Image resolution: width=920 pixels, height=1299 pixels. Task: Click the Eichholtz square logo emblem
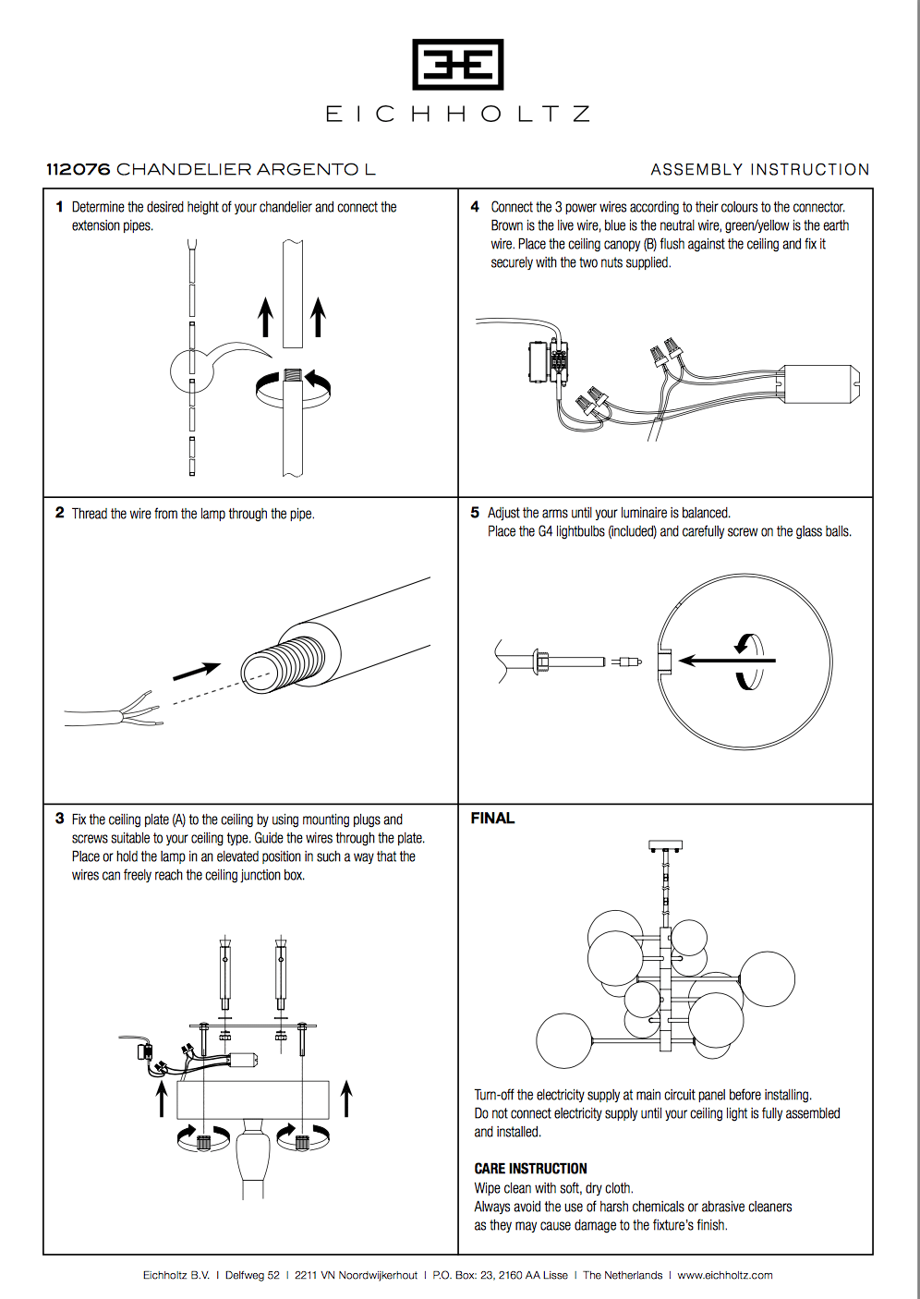click(x=458, y=65)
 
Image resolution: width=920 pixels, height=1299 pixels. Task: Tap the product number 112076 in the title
click(x=79, y=169)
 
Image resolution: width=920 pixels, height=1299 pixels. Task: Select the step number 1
click(x=59, y=207)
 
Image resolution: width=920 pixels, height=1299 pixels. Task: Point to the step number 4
click(x=475, y=207)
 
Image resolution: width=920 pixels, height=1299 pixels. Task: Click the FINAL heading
click(x=492, y=819)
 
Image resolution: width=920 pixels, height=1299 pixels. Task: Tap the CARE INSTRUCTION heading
click(x=530, y=1169)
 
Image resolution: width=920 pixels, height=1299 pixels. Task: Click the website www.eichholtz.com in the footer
click(x=725, y=1275)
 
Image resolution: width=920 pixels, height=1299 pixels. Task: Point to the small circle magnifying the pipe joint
click(x=192, y=372)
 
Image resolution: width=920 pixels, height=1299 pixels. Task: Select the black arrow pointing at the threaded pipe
click(x=196, y=671)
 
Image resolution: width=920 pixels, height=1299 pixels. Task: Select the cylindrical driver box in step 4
click(x=820, y=383)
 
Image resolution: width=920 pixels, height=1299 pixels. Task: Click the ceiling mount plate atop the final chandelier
click(x=665, y=845)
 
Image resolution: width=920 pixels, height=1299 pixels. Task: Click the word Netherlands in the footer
click(x=633, y=1275)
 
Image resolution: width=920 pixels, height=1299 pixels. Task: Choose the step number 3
click(x=59, y=819)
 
